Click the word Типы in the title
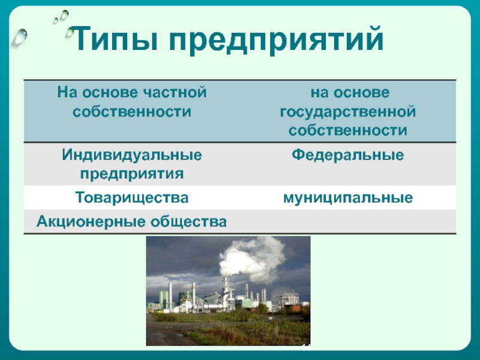pyautogui.click(x=115, y=39)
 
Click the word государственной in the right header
pyautogui.click(x=348, y=112)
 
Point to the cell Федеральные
pyautogui.click(x=348, y=155)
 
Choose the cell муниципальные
pyautogui.click(x=348, y=198)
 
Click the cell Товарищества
pyautogui.click(x=132, y=197)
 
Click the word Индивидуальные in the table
pyautogui.click(x=132, y=155)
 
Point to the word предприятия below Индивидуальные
pyautogui.click(x=132, y=174)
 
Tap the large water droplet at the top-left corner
pyautogui.click(x=19, y=37)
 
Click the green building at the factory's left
pyautogui.click(x=163, y=299)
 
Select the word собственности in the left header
pyautogui.click(x=132, y=111)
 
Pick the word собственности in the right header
pyautogui.click(x=348, y=130)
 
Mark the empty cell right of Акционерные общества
pyautogui.click(x=348, y=221)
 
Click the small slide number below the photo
pyautogui.click(x=307, y=347)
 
